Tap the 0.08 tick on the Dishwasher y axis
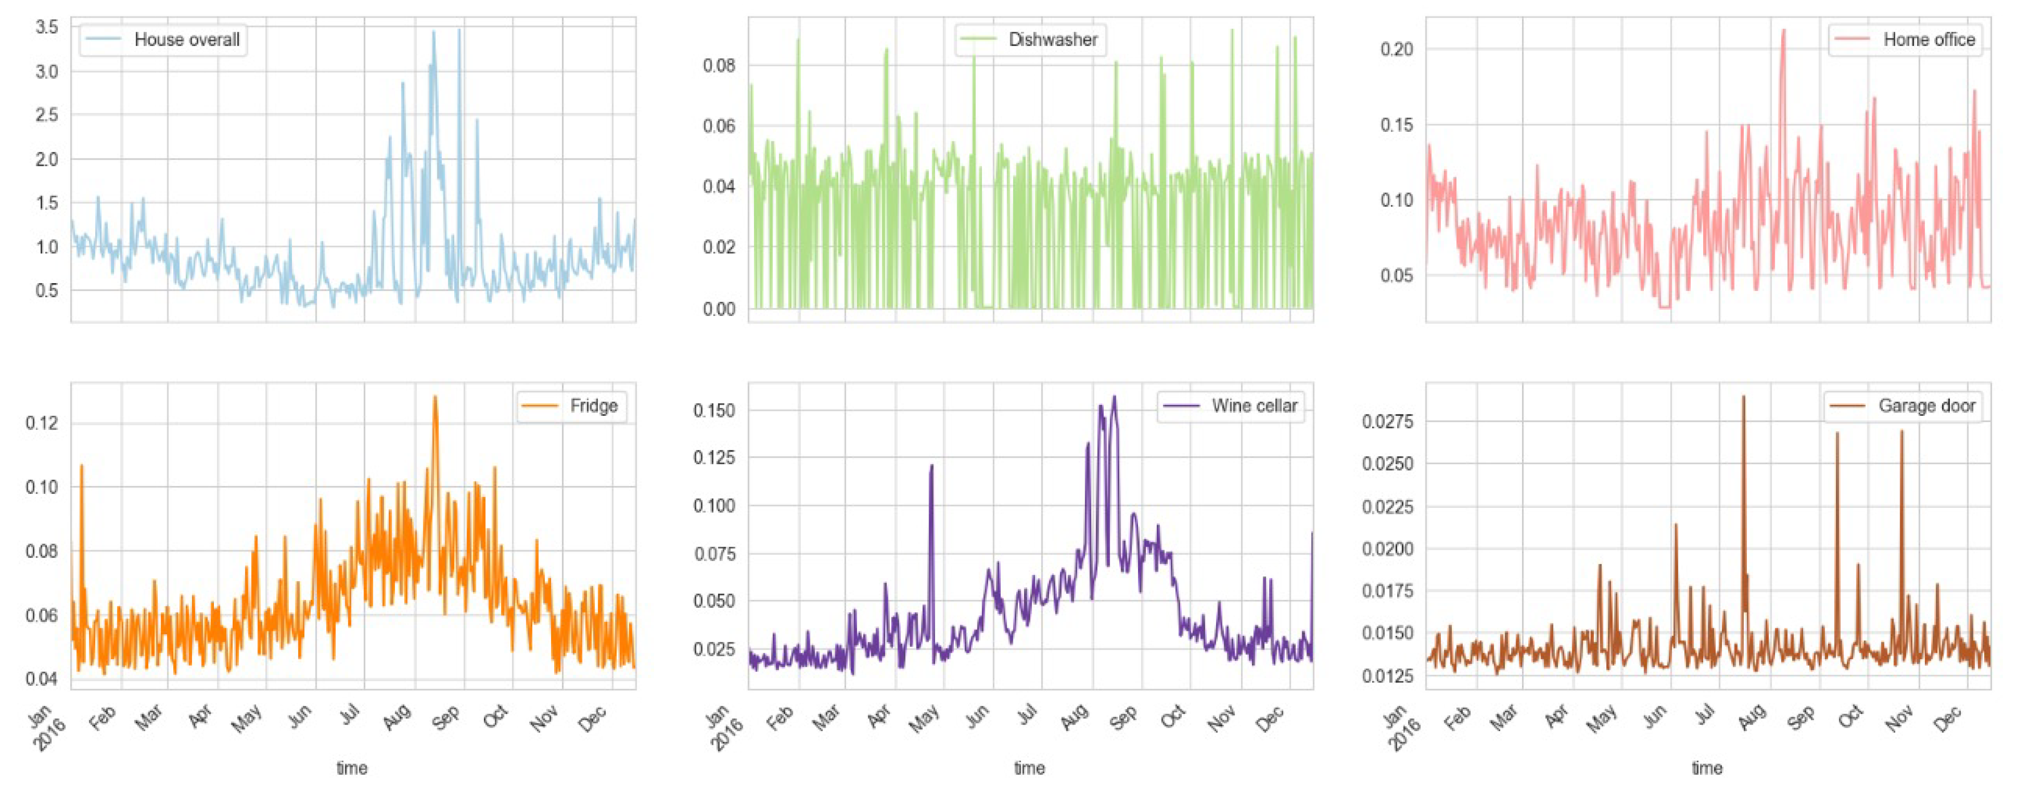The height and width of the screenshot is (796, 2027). [x=719, y=65]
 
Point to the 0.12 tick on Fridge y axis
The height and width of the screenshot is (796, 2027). [x=42, y=423]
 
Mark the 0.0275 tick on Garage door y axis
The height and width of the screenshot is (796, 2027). [x=1387, y=422]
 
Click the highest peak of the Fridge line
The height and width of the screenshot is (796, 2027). [x=435, y=397]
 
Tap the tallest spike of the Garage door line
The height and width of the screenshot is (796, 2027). [x=1743, y=397]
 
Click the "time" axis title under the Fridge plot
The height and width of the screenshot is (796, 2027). [x=352, y=768]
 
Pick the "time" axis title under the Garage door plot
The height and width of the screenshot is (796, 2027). [x=1707, y=768]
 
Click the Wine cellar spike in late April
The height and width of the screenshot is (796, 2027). [x=932, y=465]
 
